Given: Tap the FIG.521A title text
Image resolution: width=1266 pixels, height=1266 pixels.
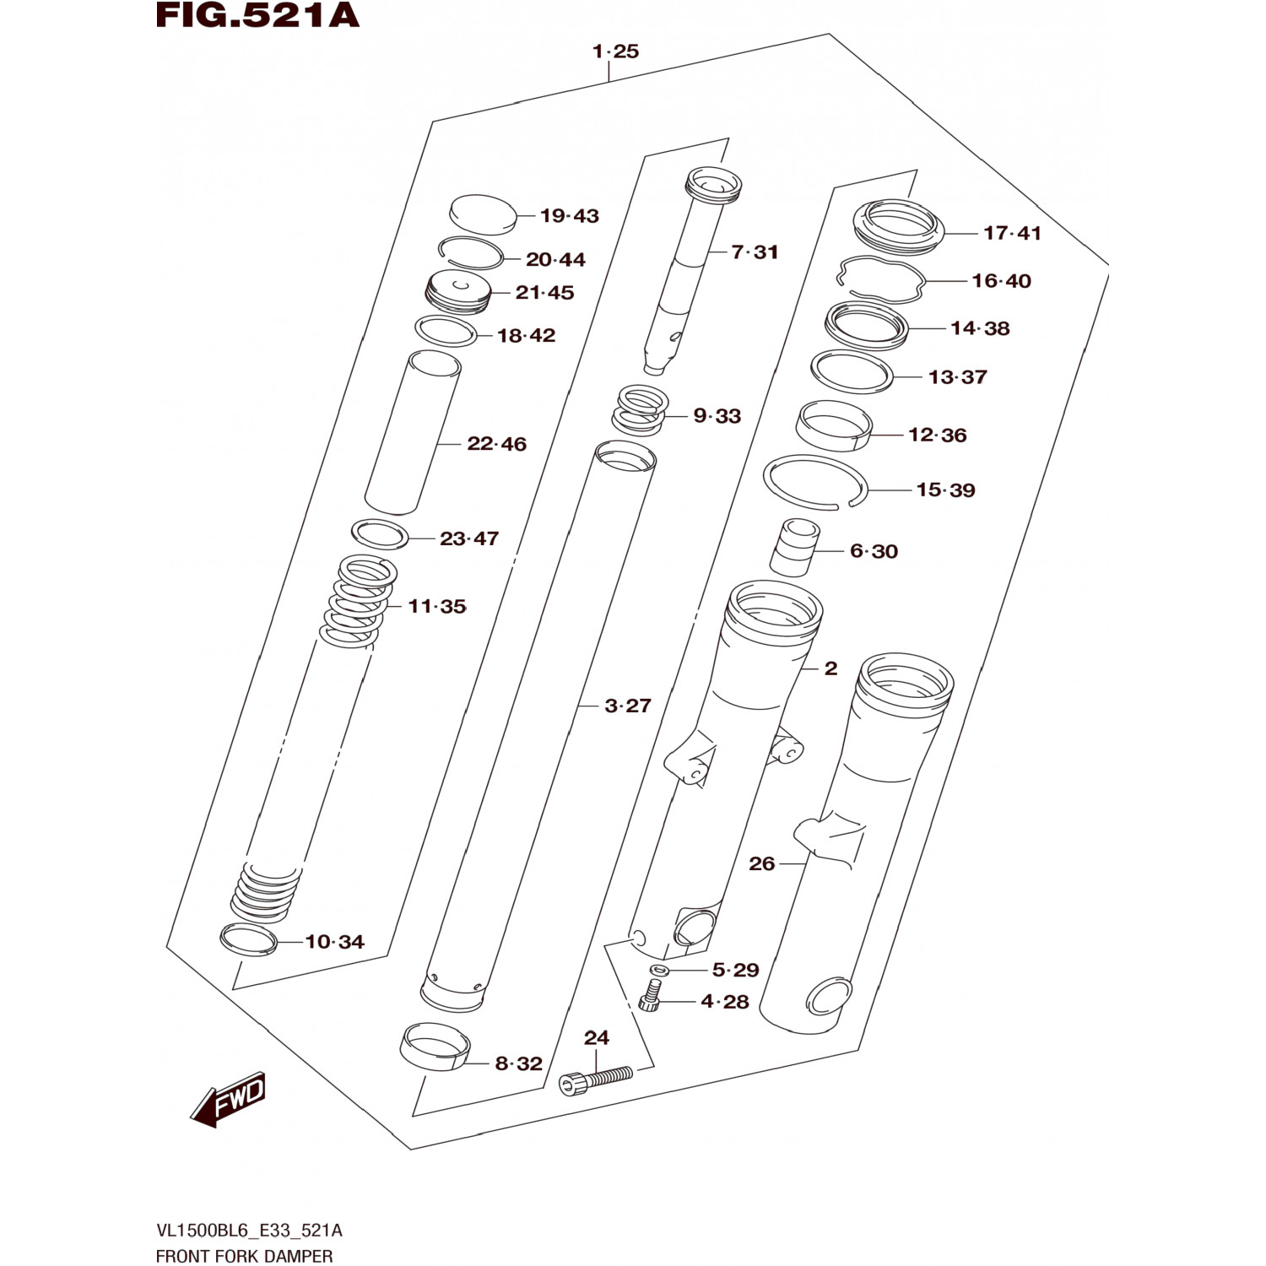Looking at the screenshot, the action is [258, 16].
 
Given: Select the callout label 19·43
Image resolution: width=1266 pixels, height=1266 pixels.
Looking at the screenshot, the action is [570, 216].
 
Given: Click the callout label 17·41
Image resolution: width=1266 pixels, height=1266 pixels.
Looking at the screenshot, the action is [1012, 233].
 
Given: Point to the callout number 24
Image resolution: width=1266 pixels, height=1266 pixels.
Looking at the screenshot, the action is [597, 1037].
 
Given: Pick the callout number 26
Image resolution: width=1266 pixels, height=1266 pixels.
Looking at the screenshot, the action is [762, 863].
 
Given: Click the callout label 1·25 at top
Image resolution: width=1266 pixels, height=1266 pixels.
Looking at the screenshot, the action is [615, 51].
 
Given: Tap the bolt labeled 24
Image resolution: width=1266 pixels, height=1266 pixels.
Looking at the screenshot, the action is [596, 1081].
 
